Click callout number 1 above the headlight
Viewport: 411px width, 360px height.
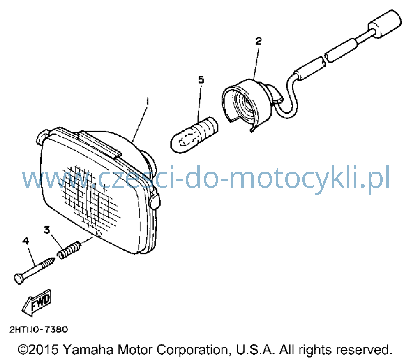click(147, 102)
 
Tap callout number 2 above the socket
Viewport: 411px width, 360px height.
click(259, 41)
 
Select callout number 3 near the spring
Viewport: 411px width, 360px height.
click(47, 230)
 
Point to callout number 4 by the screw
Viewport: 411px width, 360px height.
click(25, 241)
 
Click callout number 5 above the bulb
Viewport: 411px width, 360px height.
click(201, 79)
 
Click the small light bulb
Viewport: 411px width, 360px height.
click(194, 135)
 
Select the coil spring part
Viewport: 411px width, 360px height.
click(69, 250)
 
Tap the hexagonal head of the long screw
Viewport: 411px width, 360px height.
click(19, 279)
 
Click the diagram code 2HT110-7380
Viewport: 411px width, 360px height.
click(39, 329)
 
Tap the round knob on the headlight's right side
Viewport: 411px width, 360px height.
click(155, 201)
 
